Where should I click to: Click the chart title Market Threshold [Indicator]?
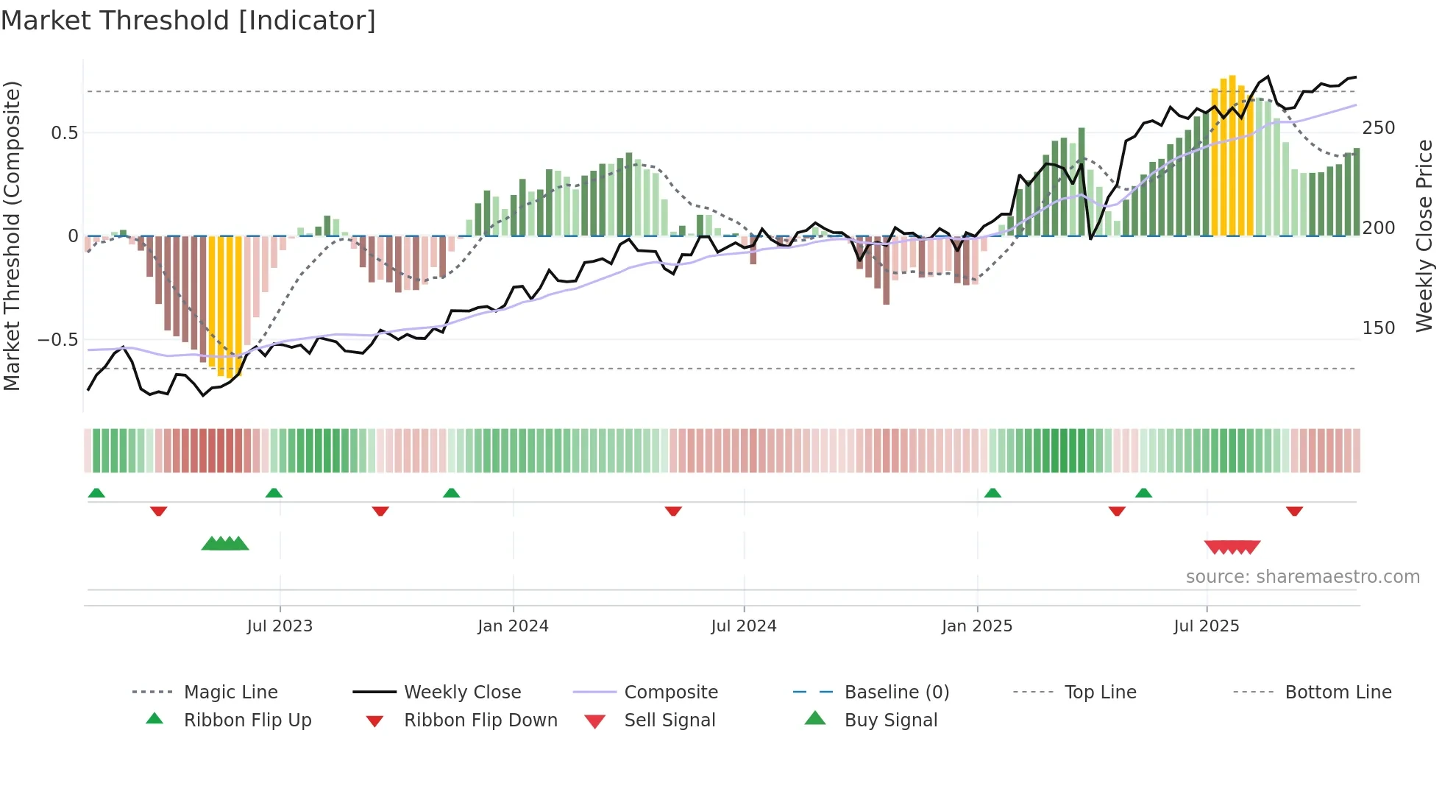[188, 21]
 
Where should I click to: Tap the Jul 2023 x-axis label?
[280, 626]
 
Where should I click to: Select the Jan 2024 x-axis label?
[513, 626]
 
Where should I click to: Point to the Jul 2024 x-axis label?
[744, 626]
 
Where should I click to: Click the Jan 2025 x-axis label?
[977, 626]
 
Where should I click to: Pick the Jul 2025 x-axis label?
[1207, 626]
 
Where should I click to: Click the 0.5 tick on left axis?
[64, 133]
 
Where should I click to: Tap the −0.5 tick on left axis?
[57, 340]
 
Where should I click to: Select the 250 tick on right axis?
[1378, 128]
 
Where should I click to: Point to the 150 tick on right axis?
[1378, 328]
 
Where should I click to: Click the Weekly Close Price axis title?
[1424, 235]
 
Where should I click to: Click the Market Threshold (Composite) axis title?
[12, 235]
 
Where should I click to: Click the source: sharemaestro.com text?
[1302, 577]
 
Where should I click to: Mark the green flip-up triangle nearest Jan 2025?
[992, 493]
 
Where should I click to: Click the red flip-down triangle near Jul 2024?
[673, 511]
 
